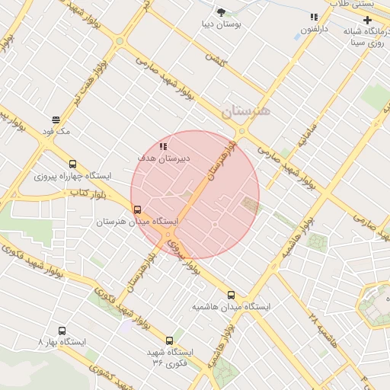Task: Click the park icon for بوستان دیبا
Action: [x=221, y=12]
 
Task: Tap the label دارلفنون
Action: [x=313, y=30]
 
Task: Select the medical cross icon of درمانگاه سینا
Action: [x=368, y=19]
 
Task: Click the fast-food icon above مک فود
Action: [x=56, y=120]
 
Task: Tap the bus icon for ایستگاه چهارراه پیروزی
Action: [x=72, y=164]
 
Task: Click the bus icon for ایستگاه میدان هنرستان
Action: [x=137, y=209]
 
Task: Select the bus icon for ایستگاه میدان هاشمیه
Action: [x=231, y=295]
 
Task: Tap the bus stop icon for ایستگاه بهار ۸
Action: [x=62, y=331]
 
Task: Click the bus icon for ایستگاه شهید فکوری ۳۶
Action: [x=169, y=340]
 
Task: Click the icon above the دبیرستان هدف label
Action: [x=163, y=145]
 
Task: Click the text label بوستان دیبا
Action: [x=221, y=24]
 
